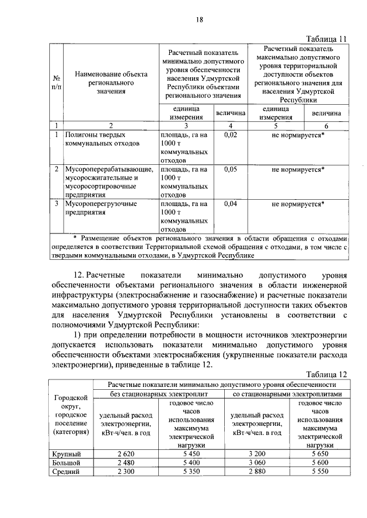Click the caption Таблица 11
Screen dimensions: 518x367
(327, 38)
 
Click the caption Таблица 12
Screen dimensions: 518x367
(327, 373)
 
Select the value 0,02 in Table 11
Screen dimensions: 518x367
(231, 135)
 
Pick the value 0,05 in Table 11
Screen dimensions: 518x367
(231, 169)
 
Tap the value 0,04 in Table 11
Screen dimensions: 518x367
(231, 204)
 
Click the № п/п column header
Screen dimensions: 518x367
(57, 82)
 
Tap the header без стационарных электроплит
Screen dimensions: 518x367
(159, 394)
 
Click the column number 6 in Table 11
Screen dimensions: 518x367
(326, 126)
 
